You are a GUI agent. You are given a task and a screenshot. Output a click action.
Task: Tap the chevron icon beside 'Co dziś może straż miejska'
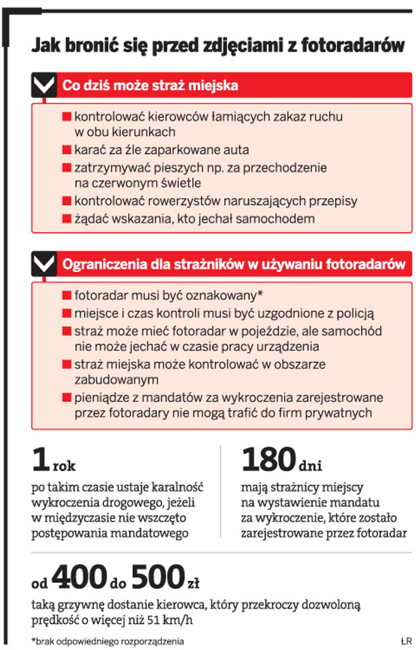[x=44, y=85]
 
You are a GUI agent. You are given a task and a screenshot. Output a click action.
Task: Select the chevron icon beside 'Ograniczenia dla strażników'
[x=44, y=264]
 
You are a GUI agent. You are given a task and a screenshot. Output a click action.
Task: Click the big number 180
[x=269, y=459]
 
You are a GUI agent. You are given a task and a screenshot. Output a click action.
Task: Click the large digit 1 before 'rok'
[x=41, y=459]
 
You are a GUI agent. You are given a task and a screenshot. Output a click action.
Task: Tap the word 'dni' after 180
[x=310, y=466]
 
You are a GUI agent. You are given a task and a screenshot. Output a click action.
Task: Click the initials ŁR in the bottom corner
[x=406, y=641]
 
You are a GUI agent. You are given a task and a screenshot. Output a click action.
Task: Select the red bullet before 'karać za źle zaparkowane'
[x=66, y=150]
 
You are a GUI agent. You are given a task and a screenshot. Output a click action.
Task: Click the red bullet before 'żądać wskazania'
[x=66, y=219]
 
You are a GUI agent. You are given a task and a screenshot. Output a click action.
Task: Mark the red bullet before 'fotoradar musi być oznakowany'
[x=66, y=295]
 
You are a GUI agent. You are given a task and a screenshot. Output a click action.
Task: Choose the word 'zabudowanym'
[x=116, y=380]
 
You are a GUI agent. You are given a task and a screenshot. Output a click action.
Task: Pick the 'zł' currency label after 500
[x=193, y=583]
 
